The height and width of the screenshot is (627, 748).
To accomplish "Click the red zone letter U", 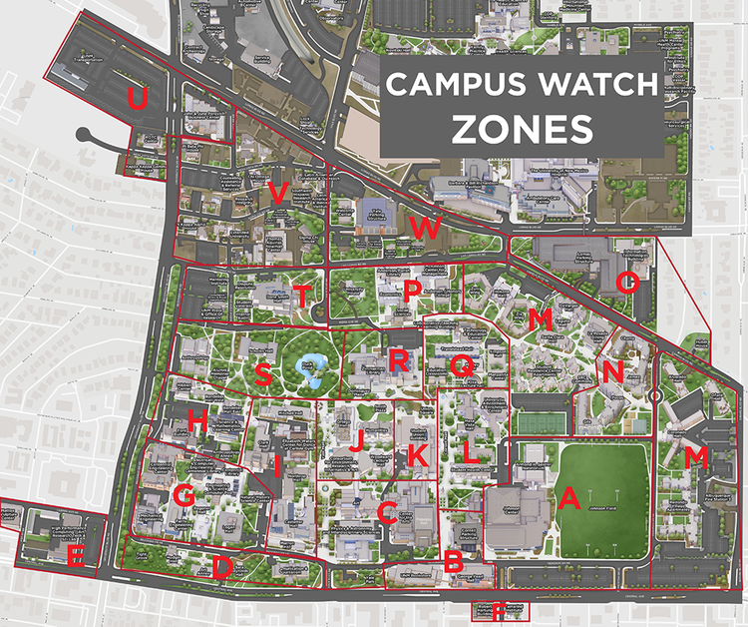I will click(139, 99).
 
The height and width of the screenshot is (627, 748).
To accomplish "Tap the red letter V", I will click(278, 194).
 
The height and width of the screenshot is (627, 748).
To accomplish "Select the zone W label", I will click(425, 228).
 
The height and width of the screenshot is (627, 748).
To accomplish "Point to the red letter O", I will click(626, 283).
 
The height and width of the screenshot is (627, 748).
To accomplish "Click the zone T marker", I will click(301, 297).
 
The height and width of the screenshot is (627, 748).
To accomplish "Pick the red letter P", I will click(412, 290).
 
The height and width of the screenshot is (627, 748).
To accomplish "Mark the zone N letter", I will click(612, 371).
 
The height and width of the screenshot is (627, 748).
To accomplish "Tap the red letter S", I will click(263, 374).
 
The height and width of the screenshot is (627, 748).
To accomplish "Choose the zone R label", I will click(400, 360).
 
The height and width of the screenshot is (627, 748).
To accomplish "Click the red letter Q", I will click(462, 366).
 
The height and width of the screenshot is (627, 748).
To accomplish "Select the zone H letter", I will click(197, 423).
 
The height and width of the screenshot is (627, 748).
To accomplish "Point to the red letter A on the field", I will click(569, 497).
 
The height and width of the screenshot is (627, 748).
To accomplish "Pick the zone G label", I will click(183, 495).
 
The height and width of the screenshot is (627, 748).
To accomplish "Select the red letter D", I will click(222, 567).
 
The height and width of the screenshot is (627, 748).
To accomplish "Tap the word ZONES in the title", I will click(522, 128).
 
